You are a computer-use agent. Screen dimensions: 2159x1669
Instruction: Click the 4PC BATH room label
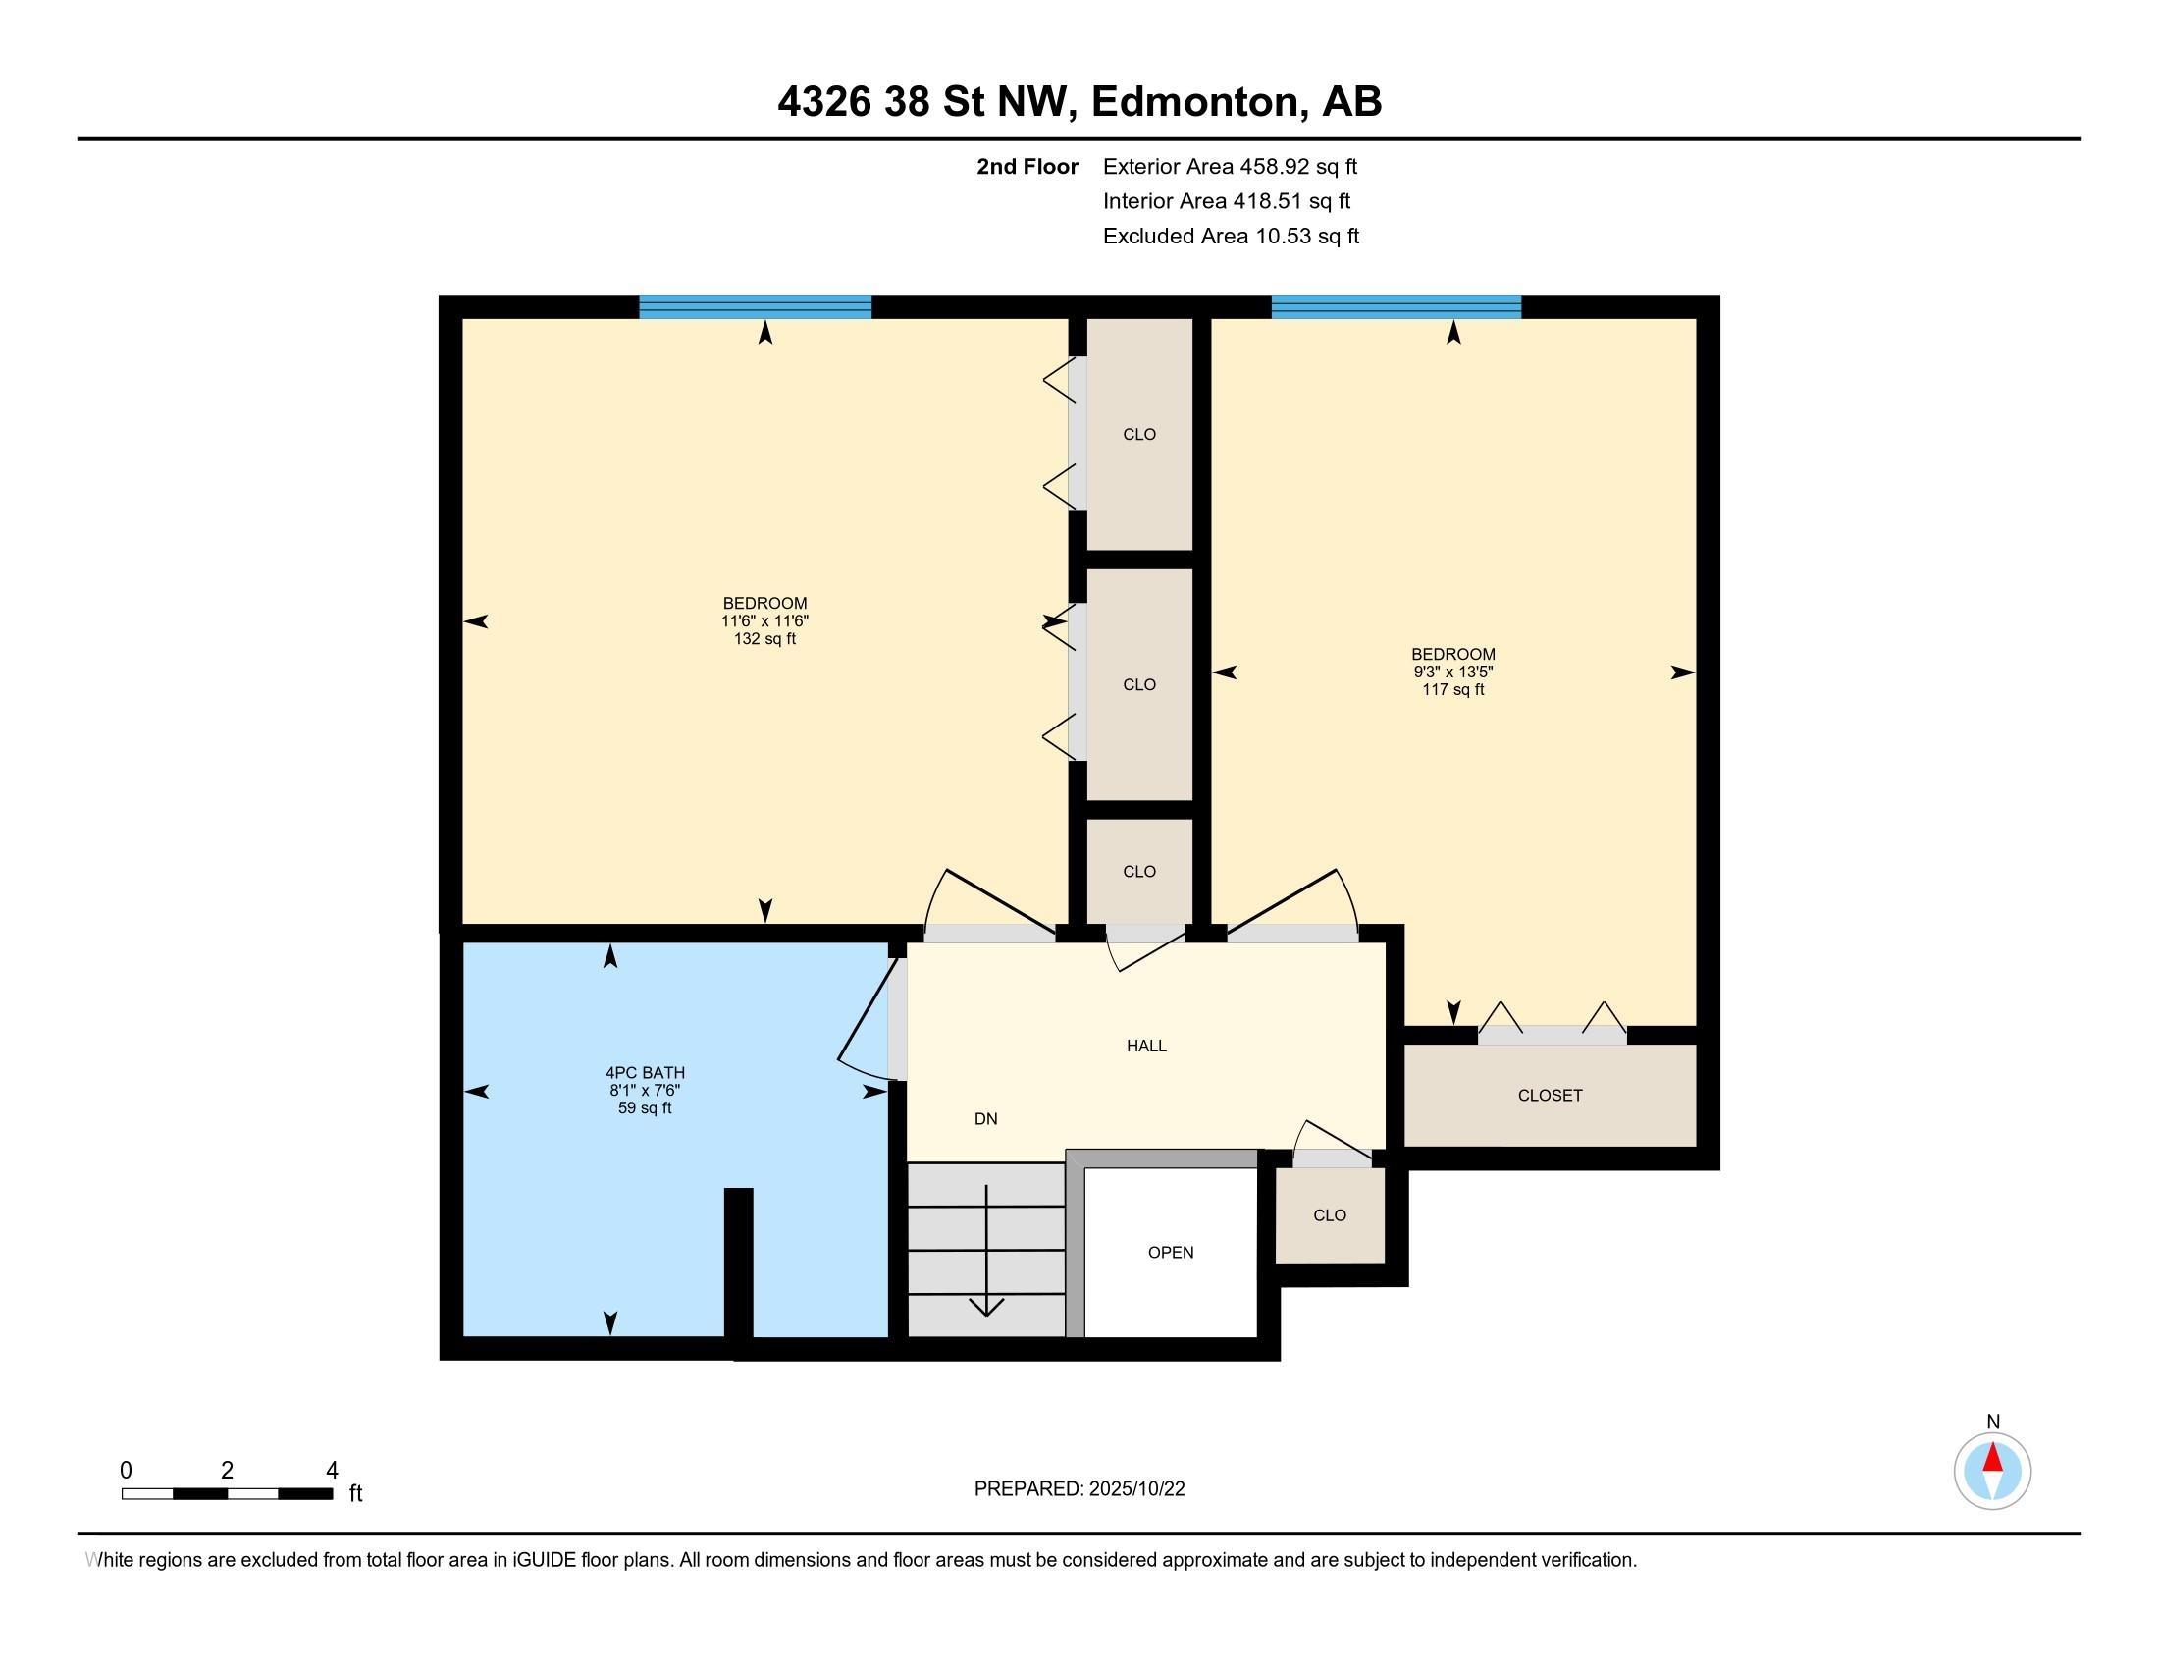[x=645, y=1073]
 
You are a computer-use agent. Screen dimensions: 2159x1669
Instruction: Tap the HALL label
[x=1146, y=1046]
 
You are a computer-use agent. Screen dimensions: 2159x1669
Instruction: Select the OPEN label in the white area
[x=1171, y=1252]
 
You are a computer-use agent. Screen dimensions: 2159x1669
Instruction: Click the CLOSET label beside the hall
[x=1550, y=1095]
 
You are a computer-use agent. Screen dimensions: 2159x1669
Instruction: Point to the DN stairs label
[x=985, y=1118]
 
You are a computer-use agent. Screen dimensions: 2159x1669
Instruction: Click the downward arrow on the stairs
[x=986, y=1251]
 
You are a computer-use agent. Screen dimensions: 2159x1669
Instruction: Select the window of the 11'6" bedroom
[x=756, y=306]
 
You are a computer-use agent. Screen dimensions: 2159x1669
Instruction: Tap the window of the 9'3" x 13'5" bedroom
[x=1395, y=306]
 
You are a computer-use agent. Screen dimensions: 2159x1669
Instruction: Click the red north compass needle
[x=1993, y=1457]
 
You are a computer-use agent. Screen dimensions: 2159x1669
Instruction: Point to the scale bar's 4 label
[x=332, y=1470]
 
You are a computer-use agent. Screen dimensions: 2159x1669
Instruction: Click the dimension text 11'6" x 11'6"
[x=764, y=620]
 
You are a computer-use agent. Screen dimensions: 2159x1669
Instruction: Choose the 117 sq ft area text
[x=1453, y=689]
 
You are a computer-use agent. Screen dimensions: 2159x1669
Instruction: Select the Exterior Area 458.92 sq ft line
[x=1230, y=166]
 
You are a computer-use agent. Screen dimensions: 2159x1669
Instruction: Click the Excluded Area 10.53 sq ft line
[x=1231, y=236]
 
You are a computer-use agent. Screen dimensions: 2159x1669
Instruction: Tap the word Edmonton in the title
[x=1194, y=102]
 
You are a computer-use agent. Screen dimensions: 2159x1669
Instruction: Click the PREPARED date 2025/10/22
[x=1135, y=1489]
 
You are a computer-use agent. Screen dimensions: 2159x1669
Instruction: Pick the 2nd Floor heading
[x=1027, y=166]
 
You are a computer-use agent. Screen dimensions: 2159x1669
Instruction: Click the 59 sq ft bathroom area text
[x=645, y=1108]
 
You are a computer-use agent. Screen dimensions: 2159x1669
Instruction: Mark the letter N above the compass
[x=1993, y=1422]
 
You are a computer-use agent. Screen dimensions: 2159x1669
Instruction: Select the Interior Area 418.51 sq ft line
[x=1227, y=200]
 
